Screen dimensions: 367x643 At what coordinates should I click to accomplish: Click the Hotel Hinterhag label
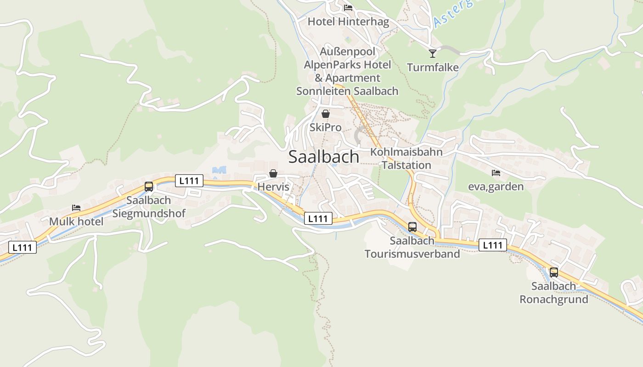[348, 22]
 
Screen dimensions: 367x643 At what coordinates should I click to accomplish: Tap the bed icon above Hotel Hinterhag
[348, 8]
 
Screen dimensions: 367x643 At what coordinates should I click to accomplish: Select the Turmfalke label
[433, 67]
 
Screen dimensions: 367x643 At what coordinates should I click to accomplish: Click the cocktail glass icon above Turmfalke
[433, 54]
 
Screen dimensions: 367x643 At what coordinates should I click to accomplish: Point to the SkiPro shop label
[326, 127]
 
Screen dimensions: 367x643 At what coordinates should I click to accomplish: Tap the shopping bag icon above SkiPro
[326, 114]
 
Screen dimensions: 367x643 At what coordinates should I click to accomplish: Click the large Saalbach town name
[324, 157]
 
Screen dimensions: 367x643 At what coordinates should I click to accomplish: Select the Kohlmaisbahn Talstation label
[406, 158]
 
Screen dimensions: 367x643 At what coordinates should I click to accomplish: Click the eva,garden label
[496, 186]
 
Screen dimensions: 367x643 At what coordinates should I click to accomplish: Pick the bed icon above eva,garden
[496, 173]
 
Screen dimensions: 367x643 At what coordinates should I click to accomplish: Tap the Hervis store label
[273, 187]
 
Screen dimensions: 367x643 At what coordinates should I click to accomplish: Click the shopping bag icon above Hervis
[273, 173]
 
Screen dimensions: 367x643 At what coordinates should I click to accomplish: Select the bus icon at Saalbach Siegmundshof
[149, 186]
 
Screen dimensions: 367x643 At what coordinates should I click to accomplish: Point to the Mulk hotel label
[76, 222]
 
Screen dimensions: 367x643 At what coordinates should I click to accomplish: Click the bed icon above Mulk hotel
[76, 208]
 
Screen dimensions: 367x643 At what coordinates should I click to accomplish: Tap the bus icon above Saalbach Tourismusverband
[412, 227]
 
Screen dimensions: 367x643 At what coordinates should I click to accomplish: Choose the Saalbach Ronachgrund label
[553, 293]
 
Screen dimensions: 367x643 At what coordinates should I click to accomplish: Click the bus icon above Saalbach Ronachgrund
[554, 272]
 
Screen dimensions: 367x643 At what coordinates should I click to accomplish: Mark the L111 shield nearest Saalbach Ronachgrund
[493, 245]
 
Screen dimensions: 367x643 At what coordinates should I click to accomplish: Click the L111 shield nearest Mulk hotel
[22, 247]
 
